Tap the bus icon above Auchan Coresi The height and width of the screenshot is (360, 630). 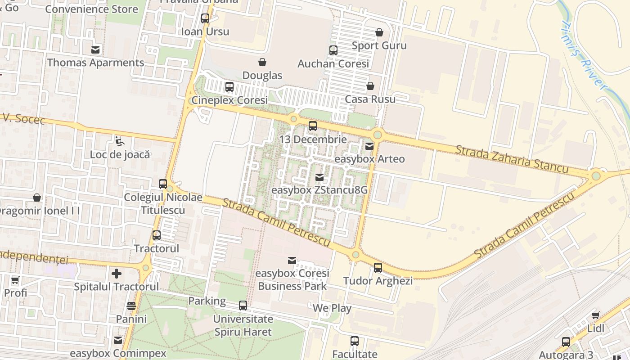pos(333,50)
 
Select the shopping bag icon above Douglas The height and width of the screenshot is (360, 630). pos(262,62)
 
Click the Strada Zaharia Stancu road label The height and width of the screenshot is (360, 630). pos(512,159)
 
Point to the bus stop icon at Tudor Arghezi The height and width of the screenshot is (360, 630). pos(378,268)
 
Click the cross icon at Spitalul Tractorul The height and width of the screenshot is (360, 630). pos(117,273)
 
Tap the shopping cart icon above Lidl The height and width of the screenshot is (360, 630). pos(596,315)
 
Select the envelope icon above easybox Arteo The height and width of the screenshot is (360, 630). pos(369,146)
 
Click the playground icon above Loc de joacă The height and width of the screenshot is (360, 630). pos(119,141)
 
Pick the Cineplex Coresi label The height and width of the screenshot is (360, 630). pos(229,100)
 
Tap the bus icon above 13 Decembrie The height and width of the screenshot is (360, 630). pos(313,126)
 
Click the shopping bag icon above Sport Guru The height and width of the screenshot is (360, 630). pos(379,32)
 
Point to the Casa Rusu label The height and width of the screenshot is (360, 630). pos(370,99)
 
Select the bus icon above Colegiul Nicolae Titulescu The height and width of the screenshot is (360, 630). pos(163,184)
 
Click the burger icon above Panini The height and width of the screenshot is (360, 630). pos(131,306)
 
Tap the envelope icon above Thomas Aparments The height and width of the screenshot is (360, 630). pos(95,49)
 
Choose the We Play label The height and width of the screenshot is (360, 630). pos(332,308)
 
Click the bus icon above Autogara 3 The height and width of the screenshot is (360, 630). pos(566,342)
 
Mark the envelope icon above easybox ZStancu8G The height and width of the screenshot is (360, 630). pos(319,177)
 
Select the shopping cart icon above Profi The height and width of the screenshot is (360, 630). pos(15,280)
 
